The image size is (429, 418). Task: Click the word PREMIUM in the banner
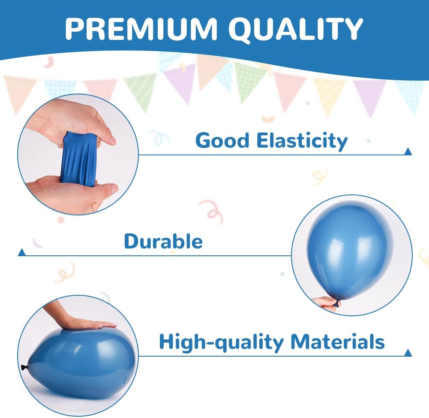click(x=141, y=28)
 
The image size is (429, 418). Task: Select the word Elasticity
click(x=302, y=141)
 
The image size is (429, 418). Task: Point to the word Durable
click(x=163, y=241)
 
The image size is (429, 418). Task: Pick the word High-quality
click(x=221, y=342)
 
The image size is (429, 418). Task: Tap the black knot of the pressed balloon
click(x=24, y=367)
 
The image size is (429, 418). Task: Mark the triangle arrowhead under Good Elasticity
click(x=408, y=151)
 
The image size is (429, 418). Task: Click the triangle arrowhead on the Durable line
click(x=21, y=252)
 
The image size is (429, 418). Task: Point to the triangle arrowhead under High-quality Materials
click(x=408, y=353)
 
